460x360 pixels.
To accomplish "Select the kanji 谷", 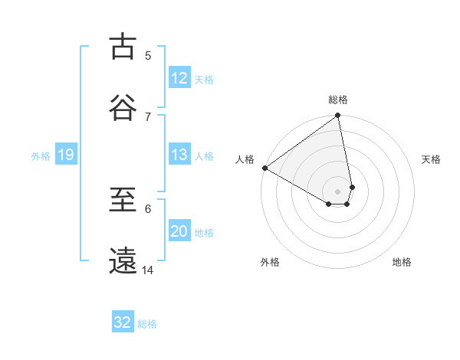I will (x=123, y=107).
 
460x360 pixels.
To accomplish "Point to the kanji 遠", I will (x=123, y=260).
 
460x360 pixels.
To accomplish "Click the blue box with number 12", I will (x=179, y=78).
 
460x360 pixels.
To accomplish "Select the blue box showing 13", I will (x=179, y=155).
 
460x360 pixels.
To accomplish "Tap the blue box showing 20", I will (x=179, y=232).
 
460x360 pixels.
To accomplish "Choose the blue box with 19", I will (x=65, y=155).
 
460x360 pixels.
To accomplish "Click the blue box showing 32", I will (x=123, y=322).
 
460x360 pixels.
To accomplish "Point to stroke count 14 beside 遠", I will (x=148, y=270).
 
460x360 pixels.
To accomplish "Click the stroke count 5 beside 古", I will (x=148, y=55).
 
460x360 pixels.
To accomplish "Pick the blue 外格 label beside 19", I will (x=41, y=156).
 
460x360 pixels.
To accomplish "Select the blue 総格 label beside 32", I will (x=147, y=324).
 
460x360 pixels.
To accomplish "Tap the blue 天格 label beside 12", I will (x=204, y=80).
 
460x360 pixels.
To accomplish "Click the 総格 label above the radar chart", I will (x=338, y=100).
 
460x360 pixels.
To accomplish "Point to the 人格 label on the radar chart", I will (x=245, y=159).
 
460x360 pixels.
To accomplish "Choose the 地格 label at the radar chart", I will (x=402, y=262).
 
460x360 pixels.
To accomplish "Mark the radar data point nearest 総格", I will (x=338, y=116).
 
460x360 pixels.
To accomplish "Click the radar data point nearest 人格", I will (x=264, y=168).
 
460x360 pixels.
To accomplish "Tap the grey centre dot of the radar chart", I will (x=338, y=190).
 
